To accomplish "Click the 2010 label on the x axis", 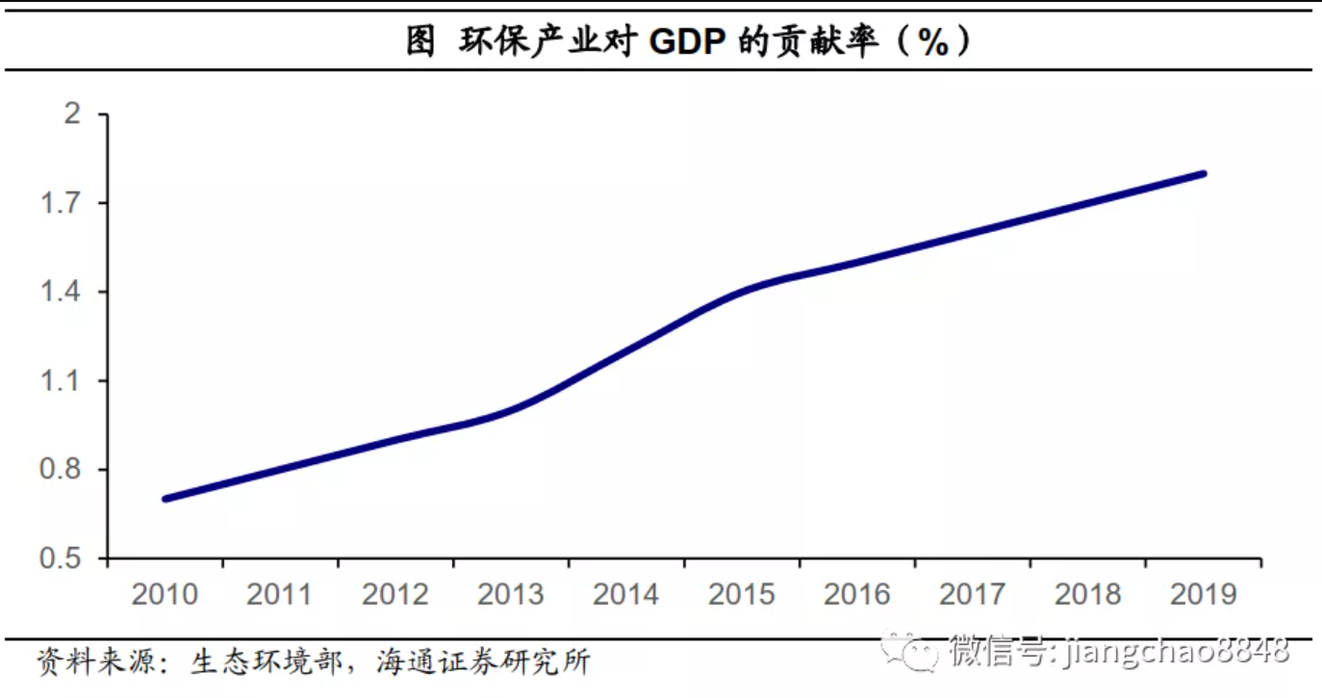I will click(x=165, y=594).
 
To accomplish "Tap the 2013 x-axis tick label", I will click(x=511, y=594).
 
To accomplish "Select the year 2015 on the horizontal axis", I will click(x=742, y=594).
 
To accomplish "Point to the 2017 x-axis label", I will click(x=973, y=594).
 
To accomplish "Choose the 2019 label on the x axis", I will click(x=1204, y=594).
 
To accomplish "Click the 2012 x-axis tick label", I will click(x=395, y=594).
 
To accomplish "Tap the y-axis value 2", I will click(x=73, y=115).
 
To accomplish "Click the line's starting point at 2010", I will click(x=165, y=499).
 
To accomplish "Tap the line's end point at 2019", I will click(x=1203, y=174).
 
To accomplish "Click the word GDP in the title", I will click(x=687, y=41).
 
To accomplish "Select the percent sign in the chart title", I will click(x=932, y=41).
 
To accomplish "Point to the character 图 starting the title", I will click(x=419, y=41).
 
